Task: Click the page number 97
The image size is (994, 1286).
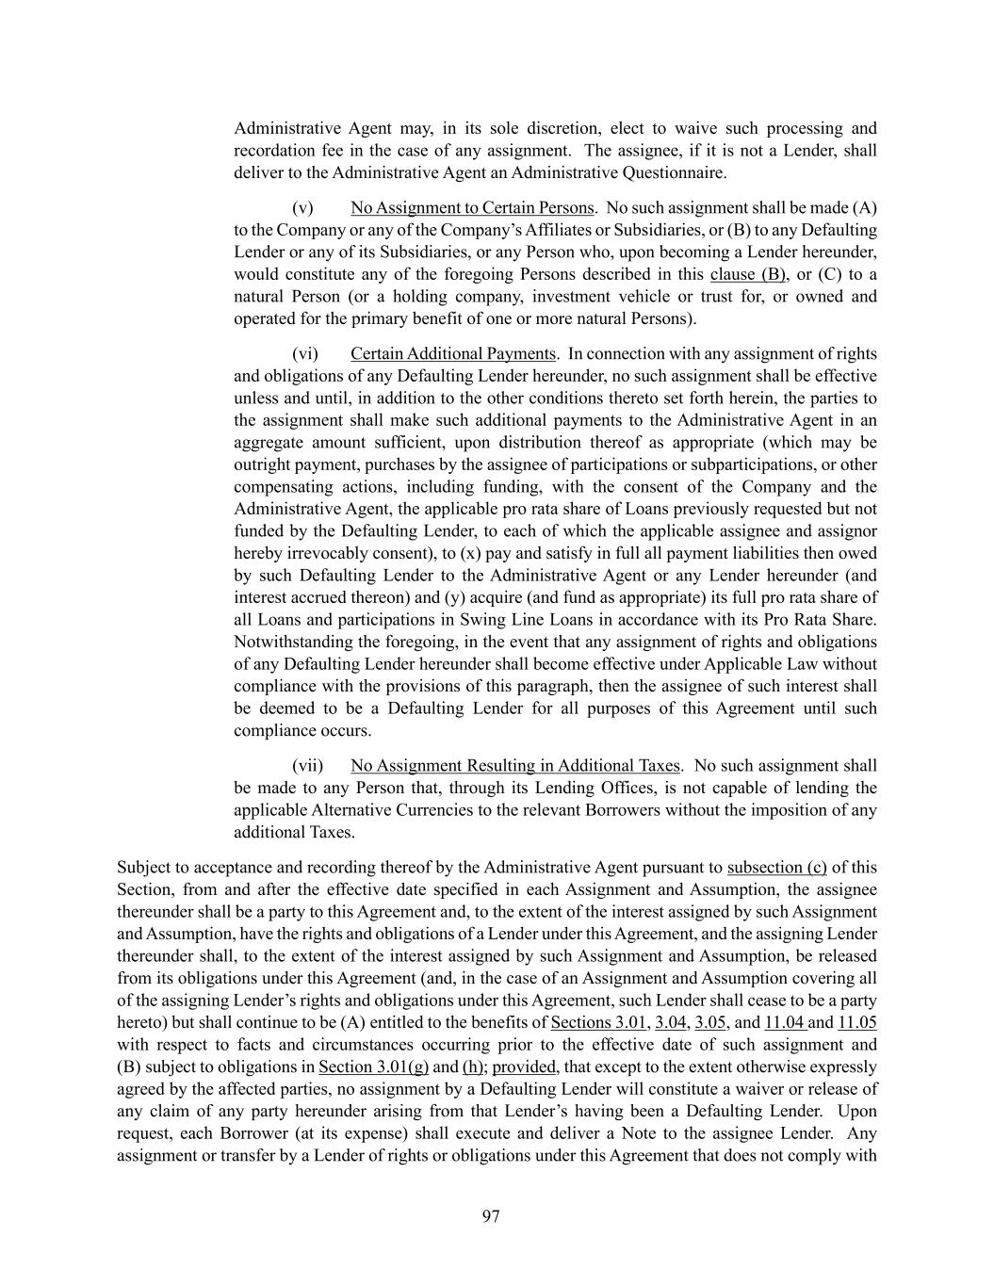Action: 491,1216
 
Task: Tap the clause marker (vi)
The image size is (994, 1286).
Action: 304,354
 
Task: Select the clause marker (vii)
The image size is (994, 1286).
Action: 307,766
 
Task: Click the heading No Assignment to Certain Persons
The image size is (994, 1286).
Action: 472,208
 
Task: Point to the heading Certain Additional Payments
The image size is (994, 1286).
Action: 452,354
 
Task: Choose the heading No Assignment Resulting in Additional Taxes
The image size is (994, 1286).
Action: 514,766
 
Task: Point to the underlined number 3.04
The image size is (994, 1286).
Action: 670,1022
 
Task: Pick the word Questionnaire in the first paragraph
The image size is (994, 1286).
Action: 676,173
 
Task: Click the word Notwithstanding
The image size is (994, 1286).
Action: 293,643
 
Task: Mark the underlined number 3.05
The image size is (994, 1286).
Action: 710,1022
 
